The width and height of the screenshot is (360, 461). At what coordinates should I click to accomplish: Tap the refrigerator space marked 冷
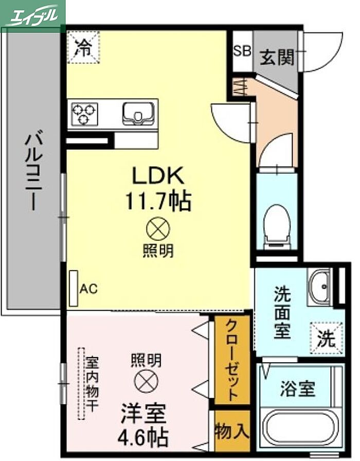click(83, 47)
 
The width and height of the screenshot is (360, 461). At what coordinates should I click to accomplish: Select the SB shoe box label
click(242, 51)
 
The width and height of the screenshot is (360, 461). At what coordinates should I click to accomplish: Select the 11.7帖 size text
click(158, 201)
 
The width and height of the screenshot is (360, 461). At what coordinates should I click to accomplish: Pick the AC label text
click(88, 289)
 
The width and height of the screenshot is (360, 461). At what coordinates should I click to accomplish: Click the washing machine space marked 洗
click(327, 338)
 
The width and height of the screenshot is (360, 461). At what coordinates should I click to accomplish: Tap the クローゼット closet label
click(231, 361)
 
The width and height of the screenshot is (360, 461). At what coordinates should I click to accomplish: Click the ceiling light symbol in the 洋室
click(146, 381)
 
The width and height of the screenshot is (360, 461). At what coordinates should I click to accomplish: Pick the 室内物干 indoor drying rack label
click(92, 384)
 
